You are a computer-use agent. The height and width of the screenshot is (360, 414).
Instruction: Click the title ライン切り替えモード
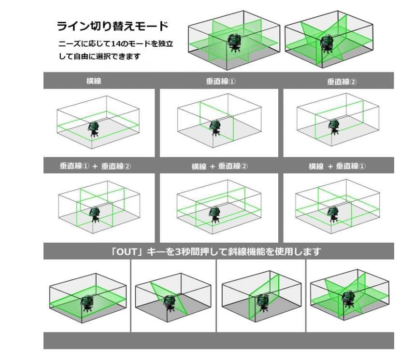113,25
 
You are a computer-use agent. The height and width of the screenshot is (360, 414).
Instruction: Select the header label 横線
94,82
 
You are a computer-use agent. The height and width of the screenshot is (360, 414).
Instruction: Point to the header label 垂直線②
342,82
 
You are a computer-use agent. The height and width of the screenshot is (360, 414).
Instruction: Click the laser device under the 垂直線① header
214,128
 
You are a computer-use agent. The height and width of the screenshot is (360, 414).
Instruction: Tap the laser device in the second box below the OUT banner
170,303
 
